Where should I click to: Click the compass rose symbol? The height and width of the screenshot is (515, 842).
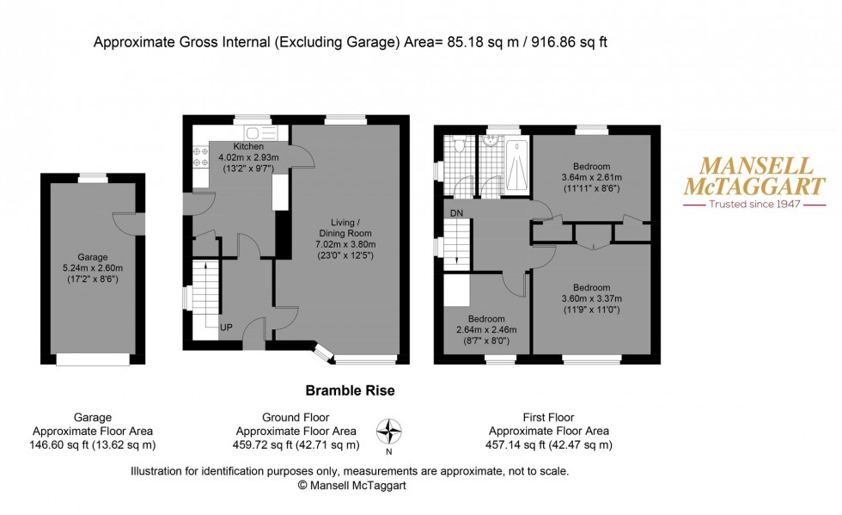[388, 432]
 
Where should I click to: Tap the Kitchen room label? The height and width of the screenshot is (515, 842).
[248, 146]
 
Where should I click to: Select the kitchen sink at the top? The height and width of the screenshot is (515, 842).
[261, 132]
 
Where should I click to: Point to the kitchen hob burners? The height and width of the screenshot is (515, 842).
[200, 157]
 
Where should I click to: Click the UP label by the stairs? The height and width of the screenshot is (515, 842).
[226, 327]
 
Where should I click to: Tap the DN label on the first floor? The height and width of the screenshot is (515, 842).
[456, 213]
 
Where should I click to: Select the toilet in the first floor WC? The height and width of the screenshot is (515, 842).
[459, 144]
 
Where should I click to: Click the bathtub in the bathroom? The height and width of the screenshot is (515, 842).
[517, 165]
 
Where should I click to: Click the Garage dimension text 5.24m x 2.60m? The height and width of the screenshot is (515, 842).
[93, 267]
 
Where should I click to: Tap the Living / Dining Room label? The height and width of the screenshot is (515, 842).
[345, 228]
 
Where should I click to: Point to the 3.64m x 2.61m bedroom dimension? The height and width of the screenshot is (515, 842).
[592, 177]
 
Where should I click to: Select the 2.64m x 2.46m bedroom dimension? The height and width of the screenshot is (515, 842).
[486, 329]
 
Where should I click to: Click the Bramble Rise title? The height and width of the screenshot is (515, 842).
[351, 391]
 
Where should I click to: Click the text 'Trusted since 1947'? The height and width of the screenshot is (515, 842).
[754, 205]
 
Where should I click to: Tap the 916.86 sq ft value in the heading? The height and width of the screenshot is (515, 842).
[569, 42]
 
